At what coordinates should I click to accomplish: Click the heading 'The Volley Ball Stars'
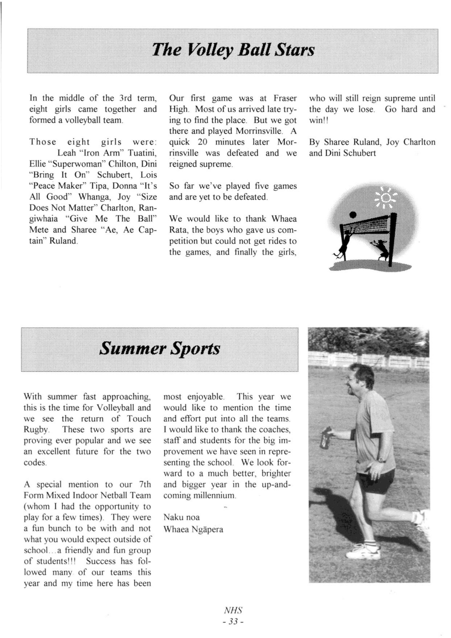(x=233, y=50)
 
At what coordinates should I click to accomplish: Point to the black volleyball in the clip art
(x=353, y=214)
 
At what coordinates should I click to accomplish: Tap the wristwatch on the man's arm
(x=382, y=460)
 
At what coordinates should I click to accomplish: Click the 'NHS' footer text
(x=233, y=610)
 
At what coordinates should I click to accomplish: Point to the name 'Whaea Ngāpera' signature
(x=193, y=530)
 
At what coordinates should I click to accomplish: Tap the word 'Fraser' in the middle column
(x=285, y=98)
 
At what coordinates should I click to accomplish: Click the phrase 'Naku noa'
(x=181, y=517)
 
